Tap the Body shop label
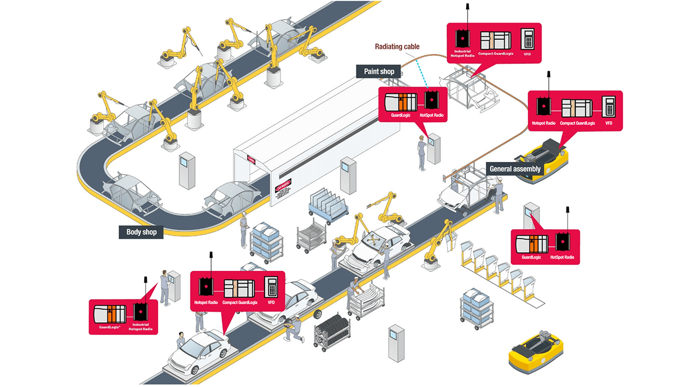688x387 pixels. pos(141,232)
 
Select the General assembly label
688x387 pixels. pos(514,169)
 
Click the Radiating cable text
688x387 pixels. pos(397,47)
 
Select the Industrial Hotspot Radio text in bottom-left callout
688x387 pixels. pos(140,327)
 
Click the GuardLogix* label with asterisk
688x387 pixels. pos(109,326)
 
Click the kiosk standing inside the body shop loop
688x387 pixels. pos(187,170)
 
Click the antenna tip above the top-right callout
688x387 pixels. pos(467,7)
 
